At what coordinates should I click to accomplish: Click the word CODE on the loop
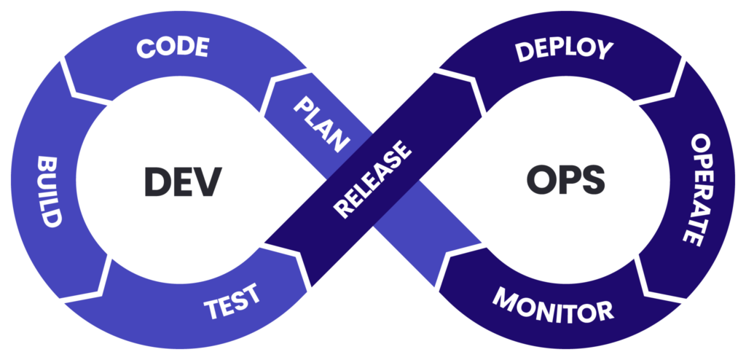pyautogui.click(x=173, y=48)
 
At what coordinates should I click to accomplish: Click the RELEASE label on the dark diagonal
pyautogui.click(x=372, y=179)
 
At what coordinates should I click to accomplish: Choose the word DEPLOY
pyautogui.click(x=564, y=51)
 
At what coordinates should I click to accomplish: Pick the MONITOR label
pyautogui.click(x=553, y=305)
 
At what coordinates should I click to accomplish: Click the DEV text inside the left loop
pyautogui.click(x=182, y=181)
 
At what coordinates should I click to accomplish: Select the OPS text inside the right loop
pyautogui.click(x=565, y=180)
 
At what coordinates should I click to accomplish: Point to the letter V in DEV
pyautogui.click(x=208, y=181)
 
